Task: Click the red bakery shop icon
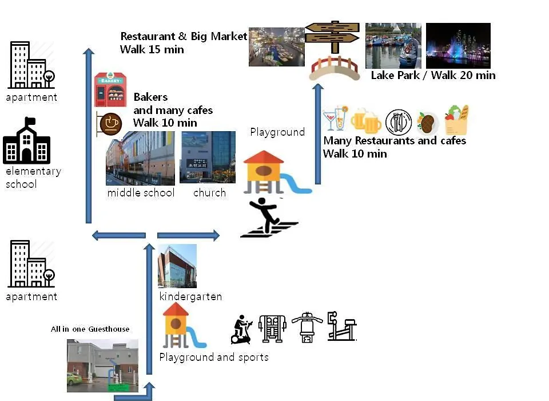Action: click(110, 89)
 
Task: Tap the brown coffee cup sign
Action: click(110, 124)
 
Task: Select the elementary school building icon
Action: click(27, 141)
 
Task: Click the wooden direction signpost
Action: click(332, 37)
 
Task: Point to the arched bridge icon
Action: click(335, 69)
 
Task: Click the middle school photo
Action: click(140, 158)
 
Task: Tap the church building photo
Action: click(208, 157)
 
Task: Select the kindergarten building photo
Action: click(177, 266)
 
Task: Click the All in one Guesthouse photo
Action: click(102, 365)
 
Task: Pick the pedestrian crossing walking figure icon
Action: click(269, 218)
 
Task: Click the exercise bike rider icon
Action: click(241, 329)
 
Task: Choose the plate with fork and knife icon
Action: click(399, 123)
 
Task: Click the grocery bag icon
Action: click(456, 120)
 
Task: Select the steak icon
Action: click(428, 123)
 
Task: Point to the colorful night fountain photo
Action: click(458, 46)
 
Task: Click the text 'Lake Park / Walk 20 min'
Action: click(433, 76)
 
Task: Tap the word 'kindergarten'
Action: click(190, 296)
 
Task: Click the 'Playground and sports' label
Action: click(214, 357)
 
